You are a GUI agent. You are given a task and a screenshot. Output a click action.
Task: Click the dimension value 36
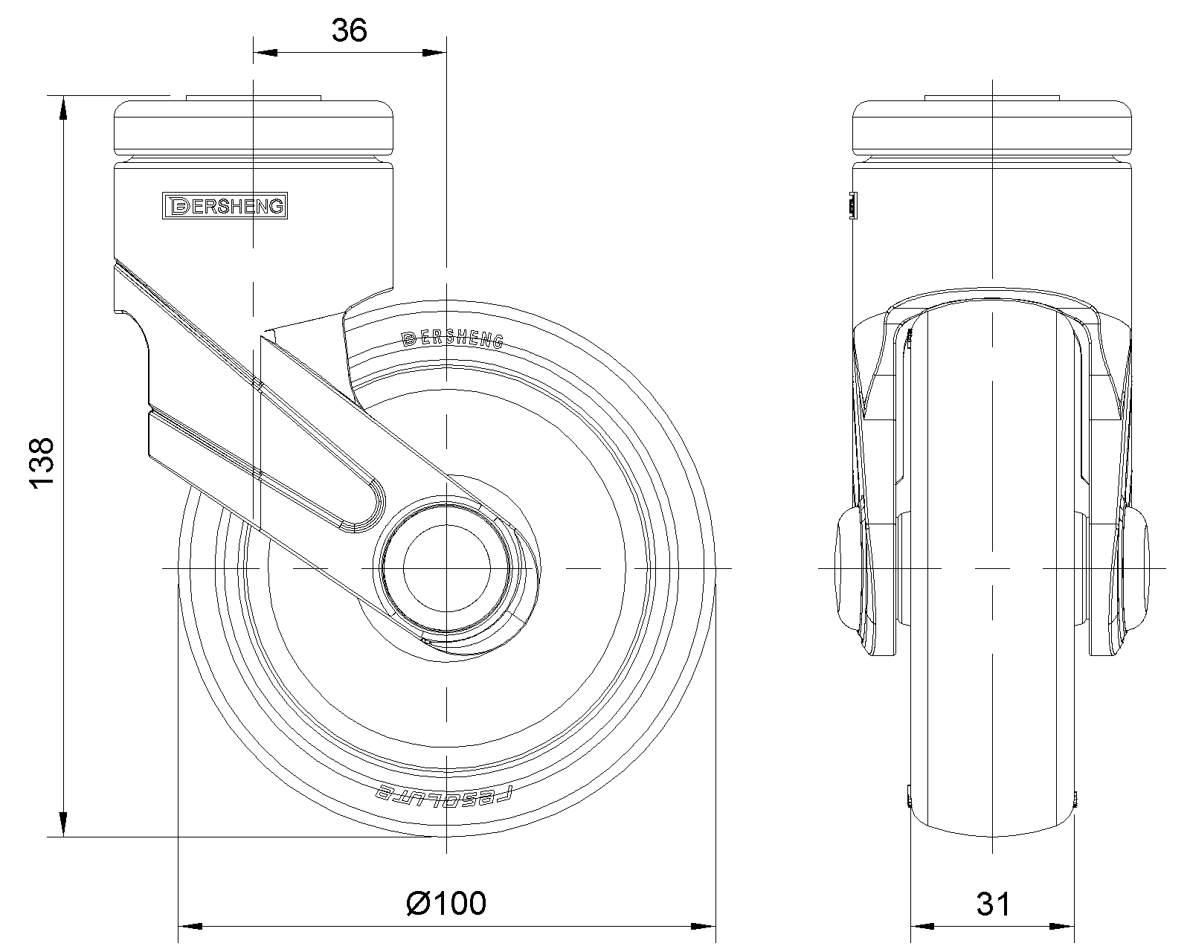350,30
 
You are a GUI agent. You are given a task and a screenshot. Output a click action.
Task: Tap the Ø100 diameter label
446,903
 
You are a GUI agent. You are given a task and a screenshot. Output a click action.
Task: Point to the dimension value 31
993,904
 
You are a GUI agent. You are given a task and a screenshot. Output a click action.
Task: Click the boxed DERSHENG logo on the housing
225,206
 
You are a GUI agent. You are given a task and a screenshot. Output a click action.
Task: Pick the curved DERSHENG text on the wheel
452,338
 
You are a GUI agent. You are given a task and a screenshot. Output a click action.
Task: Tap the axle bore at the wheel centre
446,568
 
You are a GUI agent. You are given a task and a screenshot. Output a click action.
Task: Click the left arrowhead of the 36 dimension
266,53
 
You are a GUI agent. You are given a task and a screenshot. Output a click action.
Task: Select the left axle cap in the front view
847,568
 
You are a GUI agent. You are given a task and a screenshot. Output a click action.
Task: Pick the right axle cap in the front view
1137,568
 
